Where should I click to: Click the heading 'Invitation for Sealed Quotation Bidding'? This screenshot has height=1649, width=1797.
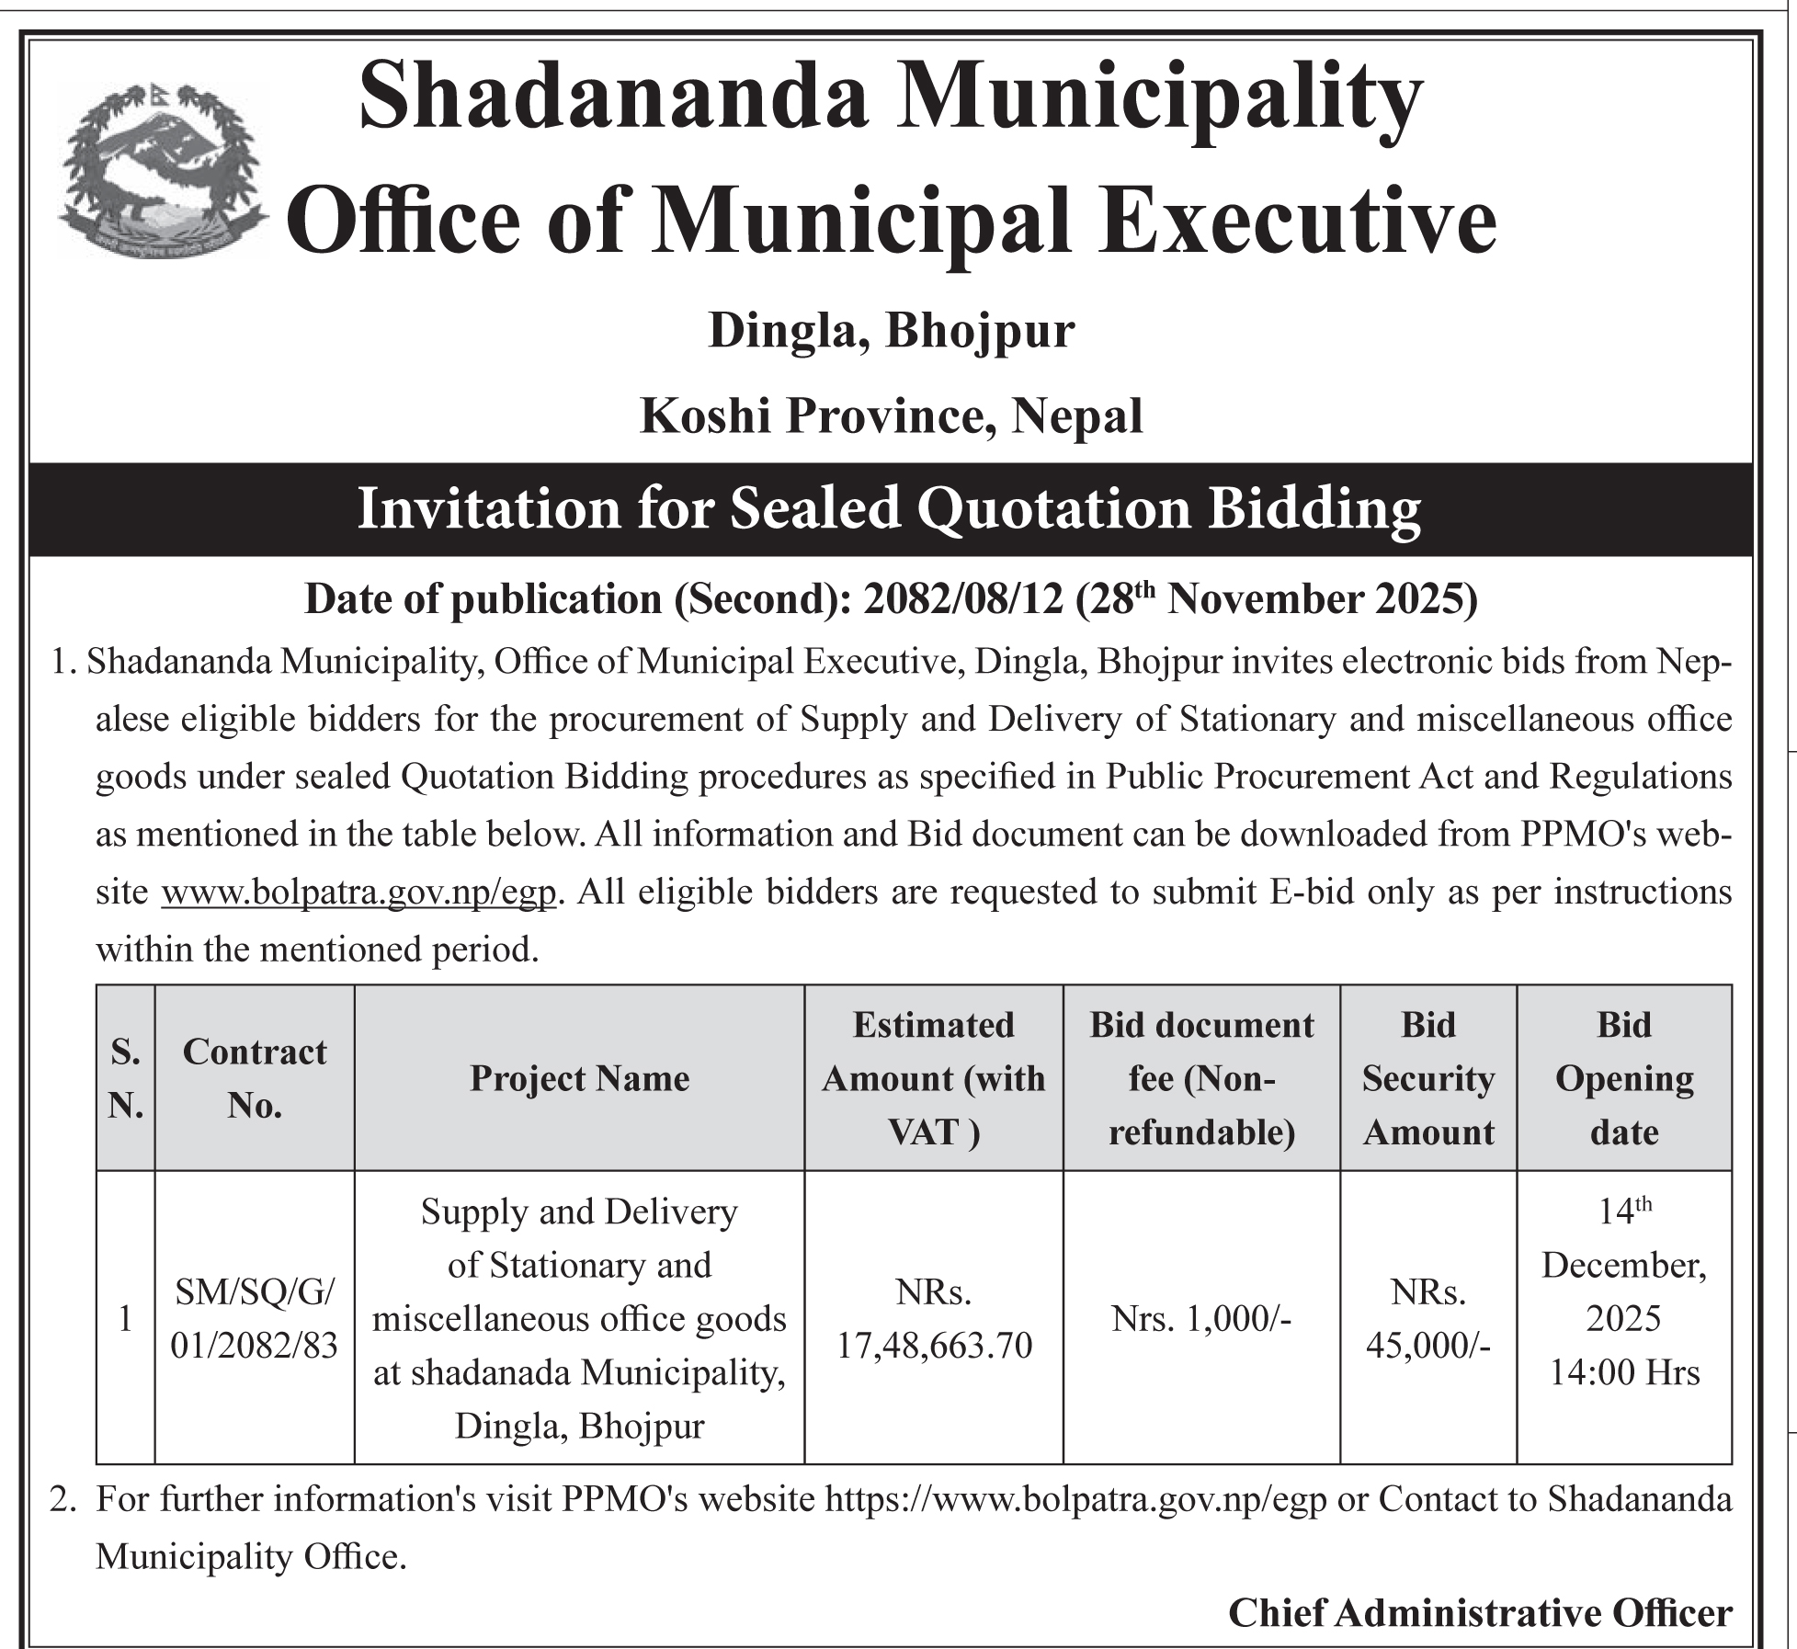[x=889, y=508]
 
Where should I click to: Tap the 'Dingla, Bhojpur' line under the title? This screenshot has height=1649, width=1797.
[x=891, y=331]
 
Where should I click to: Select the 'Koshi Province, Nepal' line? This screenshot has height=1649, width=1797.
[x=891, y=415]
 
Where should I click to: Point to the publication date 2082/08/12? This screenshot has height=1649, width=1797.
[x=963, y=599]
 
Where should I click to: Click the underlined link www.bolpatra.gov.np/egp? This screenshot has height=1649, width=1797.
[x=359, y=893]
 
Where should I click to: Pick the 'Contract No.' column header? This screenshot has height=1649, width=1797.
[x=255, y=1078]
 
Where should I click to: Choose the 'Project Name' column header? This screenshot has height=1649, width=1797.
[x=579, y=1078]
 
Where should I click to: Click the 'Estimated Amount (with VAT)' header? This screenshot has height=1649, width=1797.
[x=933, y=1078]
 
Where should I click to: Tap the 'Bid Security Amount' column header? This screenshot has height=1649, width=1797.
[x=1427, y=1078]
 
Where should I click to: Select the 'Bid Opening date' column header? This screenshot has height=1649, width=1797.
[x=1623, y=1078]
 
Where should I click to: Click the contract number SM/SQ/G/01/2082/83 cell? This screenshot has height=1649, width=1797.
[x=255, y=1320]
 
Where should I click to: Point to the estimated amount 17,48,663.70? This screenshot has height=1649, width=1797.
[x=933, y=1346]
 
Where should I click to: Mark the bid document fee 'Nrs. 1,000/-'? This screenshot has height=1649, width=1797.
[x=1200, y=1320]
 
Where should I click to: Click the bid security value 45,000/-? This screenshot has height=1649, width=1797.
[x=1427, y=1346]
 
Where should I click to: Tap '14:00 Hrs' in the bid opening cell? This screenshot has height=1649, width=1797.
[x=1624, y=1372]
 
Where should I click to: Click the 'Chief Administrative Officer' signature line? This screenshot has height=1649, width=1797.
[x=1480, y=1612]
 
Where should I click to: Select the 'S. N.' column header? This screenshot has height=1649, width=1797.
[x=126, y=1078]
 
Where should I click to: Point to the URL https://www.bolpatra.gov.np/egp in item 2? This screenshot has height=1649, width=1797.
[x=1075, y=1499]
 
